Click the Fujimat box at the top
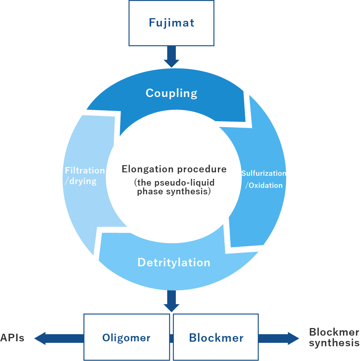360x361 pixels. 171,23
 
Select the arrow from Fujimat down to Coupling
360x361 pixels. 171,56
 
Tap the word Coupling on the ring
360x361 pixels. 171,93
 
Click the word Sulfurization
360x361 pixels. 264,173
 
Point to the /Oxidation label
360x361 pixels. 264,186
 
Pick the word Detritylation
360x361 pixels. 174,263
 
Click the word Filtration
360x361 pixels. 85,170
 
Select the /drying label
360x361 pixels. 81,181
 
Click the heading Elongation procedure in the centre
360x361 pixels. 174,169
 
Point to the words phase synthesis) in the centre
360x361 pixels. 174,192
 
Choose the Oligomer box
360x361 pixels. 126,337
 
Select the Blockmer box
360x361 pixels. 216,337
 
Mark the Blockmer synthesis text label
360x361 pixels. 334,338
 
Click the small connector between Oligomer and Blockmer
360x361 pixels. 171,337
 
